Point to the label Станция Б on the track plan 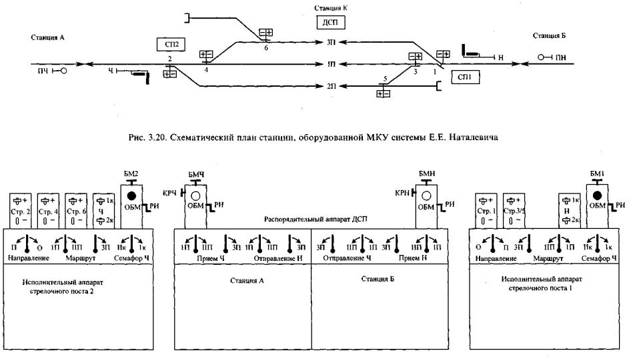point(549,34)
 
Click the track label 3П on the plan point(332,43)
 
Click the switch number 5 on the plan point(385,79)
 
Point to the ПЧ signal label point(44,69)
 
